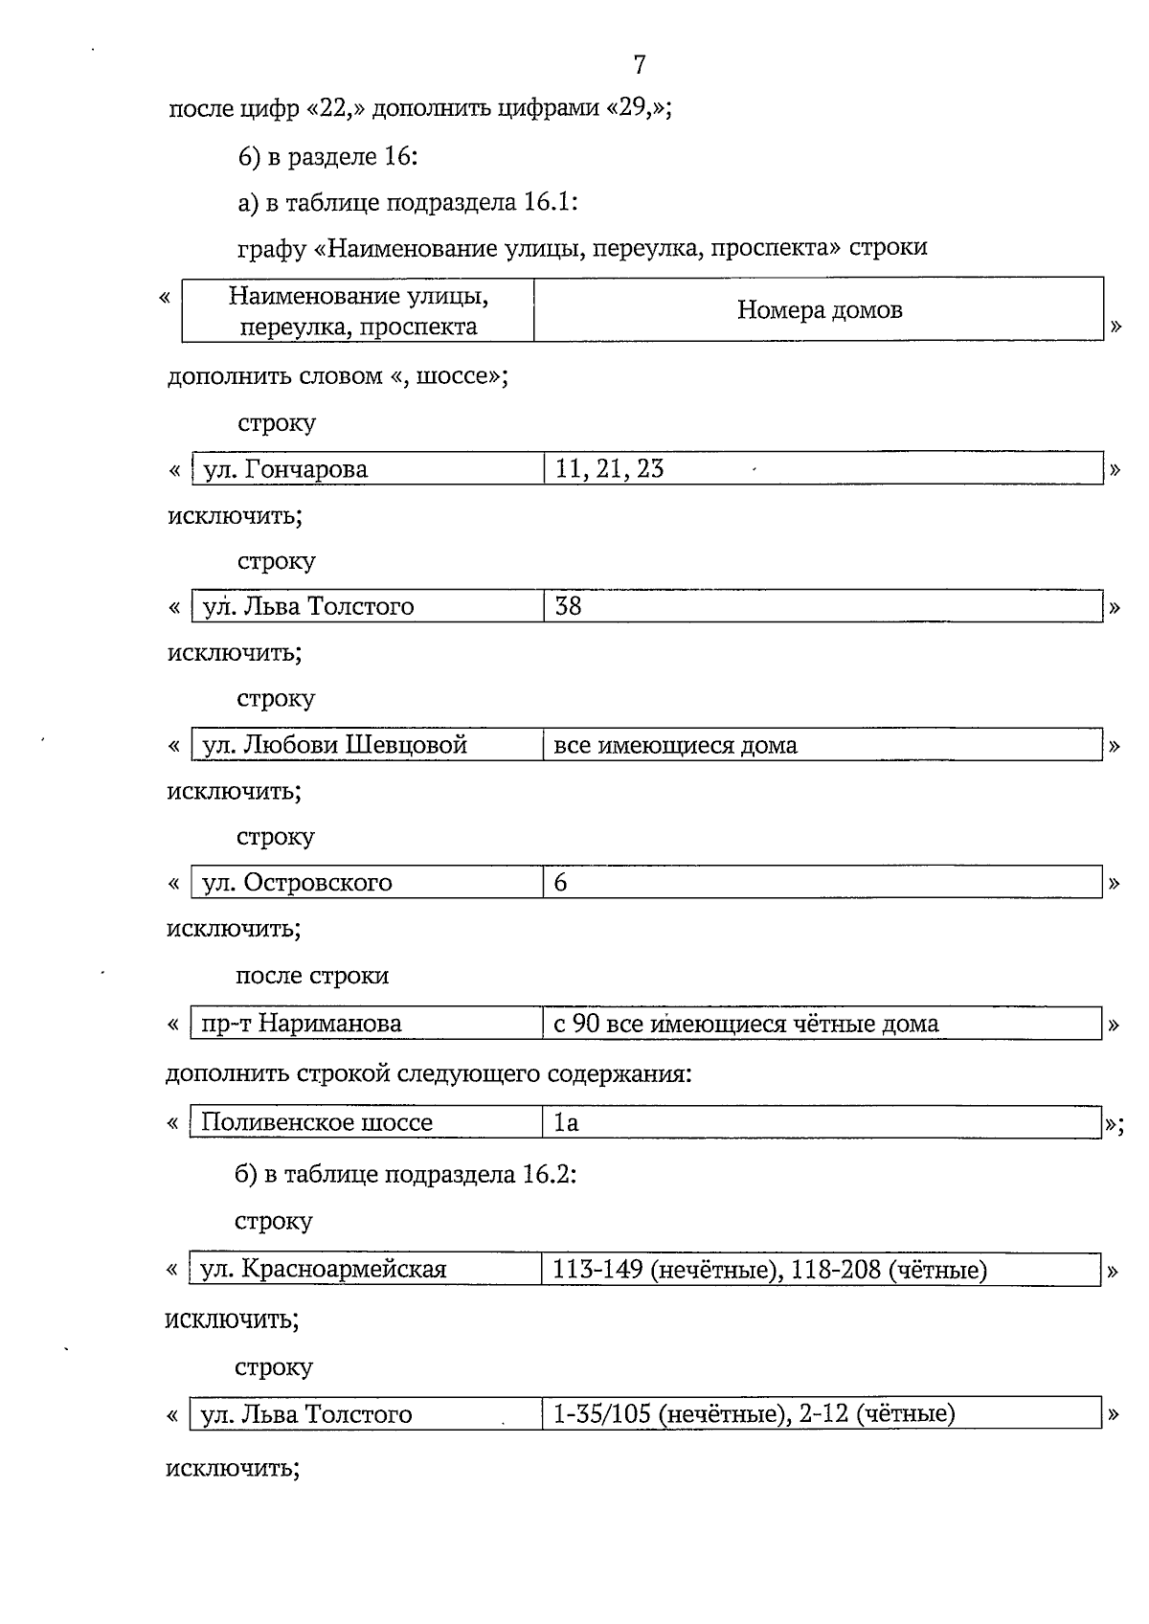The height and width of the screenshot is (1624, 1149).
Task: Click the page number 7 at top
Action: coord(640,65)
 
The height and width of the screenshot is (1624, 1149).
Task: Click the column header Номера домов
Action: coord(819,310)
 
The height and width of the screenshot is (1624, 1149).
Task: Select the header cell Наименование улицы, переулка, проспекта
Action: coord(358,310)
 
